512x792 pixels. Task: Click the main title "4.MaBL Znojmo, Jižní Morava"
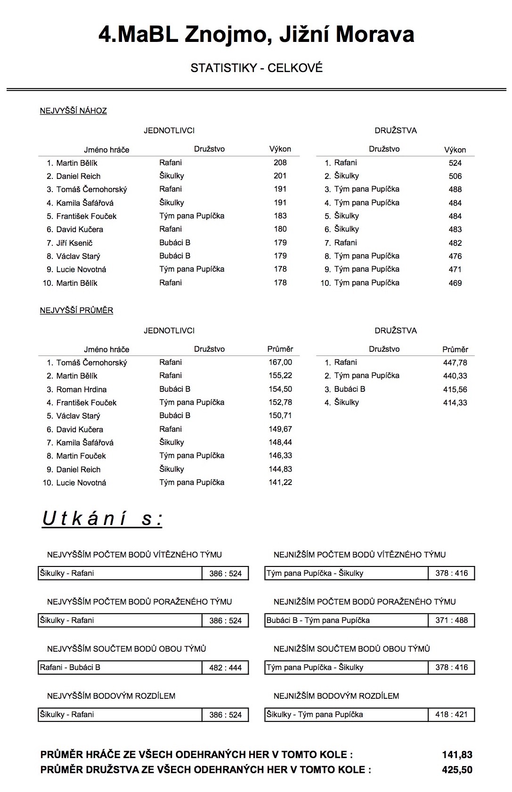(x=256, y=35)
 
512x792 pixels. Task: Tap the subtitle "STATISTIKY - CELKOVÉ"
(x=256, y=68)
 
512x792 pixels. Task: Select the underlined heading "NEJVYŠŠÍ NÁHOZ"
(x=73, y=111)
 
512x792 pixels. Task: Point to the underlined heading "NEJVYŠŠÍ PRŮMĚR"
(x=76, y=311)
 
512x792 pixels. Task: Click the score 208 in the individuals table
(x=280, y=163)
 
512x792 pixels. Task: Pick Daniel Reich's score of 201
(x=280, y=176)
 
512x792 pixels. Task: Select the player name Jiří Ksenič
(x=74, y=243)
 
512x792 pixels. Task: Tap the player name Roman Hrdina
(x=81, y=390)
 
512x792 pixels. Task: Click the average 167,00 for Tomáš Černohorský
(x=280, y=363)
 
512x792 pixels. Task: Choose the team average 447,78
(x=455, y=363)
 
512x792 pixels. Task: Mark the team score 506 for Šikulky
(x=455, y=177)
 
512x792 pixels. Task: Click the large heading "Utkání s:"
(x=102, y=519)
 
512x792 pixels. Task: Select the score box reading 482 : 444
(x=225, y=668)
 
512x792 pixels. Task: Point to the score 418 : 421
(x=451, y=715)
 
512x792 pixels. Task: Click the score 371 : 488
(x=451, y=621)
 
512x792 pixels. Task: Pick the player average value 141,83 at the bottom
(x=457, y=755)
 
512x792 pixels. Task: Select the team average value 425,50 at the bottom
(x=457, y=770)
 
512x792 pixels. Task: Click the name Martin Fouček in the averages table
(x=81, y=456)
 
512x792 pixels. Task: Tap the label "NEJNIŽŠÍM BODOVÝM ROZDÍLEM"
(x=336, y=696)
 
